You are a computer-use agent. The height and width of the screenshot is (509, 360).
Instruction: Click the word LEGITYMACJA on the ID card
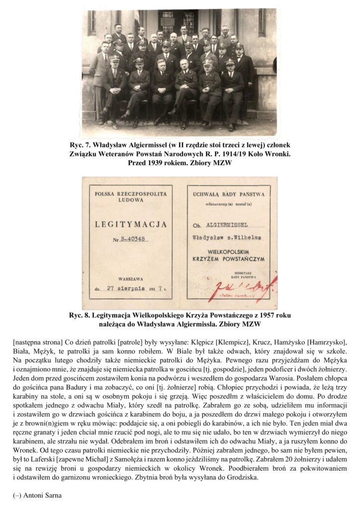[130, 225]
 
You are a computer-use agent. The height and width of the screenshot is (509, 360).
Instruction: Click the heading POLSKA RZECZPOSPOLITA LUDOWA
[130, 193]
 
